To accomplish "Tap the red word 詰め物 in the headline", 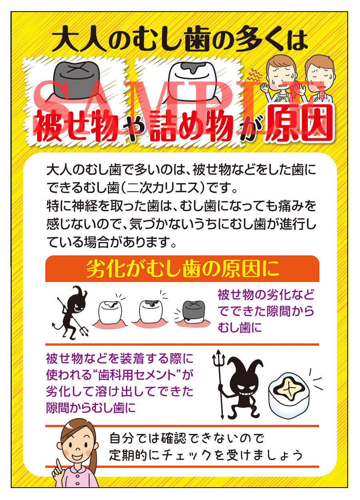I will (x=190, y=127).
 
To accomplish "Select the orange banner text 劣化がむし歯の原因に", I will (x=182, y=269).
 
